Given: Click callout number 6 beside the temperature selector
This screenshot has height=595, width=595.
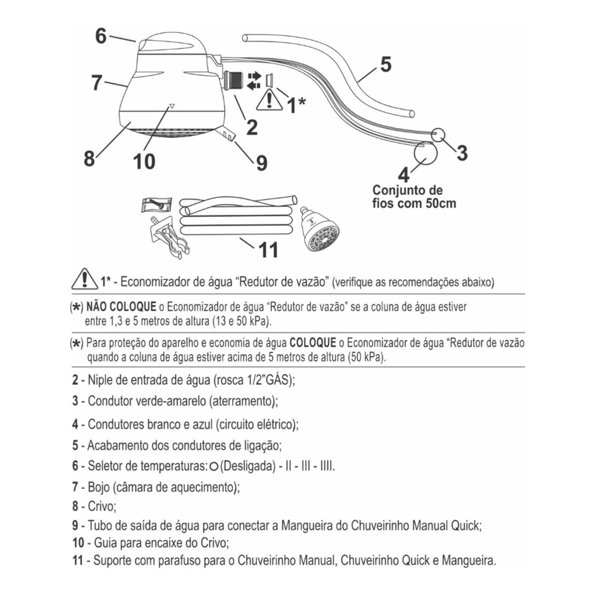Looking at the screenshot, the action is coord(101,36).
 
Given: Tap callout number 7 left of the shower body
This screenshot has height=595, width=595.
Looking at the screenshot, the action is coord(97,82).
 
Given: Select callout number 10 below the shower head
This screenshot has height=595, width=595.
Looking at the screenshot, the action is coord(144,161).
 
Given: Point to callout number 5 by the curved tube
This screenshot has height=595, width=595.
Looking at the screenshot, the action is coord(385,64).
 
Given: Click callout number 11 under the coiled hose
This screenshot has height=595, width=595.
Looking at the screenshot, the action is coord(268,250).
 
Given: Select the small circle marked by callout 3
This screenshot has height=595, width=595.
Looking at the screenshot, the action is coord(438,134).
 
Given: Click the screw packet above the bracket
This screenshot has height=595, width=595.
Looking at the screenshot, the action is coord(157,205).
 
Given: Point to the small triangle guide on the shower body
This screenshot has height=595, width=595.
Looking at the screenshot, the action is coord(171,107).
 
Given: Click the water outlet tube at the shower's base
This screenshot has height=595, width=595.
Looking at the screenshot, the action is coord(227,134).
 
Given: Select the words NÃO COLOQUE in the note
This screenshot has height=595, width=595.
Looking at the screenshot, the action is coord(121,307).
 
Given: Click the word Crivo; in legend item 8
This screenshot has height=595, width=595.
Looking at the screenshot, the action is coord(102,506).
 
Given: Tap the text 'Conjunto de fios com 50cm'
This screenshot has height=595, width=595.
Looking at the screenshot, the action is coord(414,197).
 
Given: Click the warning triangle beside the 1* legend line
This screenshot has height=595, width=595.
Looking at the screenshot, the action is coord(85,279).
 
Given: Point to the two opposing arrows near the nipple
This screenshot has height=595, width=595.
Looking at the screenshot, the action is coord(254,81).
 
